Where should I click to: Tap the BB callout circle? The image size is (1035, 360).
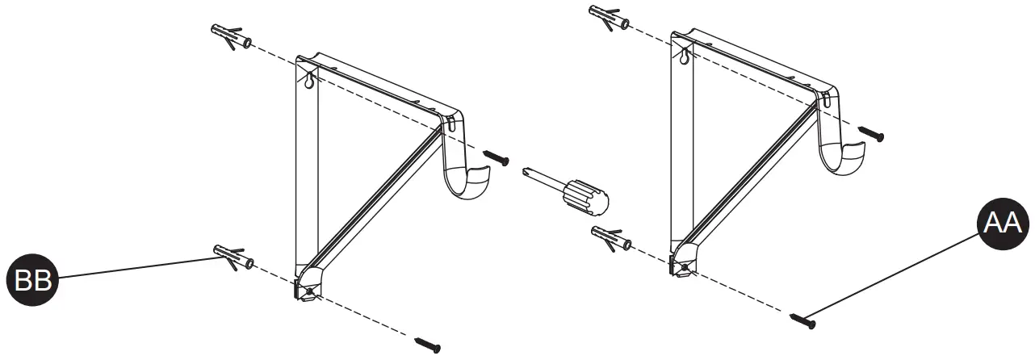point(31,280)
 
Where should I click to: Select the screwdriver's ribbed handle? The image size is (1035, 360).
point(586,197)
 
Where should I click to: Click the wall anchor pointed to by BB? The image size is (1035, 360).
point(233,256)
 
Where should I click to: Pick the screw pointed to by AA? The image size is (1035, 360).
point(804,321)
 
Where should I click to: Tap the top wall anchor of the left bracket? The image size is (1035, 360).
point(231,36)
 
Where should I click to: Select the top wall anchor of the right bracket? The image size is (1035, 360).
point(611,16)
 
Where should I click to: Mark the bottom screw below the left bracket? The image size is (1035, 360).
point(427,345)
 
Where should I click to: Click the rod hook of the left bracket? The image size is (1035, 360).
point(467,178)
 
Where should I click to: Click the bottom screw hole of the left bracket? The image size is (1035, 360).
point(310,291)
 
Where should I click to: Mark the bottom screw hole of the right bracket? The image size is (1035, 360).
point(685,267)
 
